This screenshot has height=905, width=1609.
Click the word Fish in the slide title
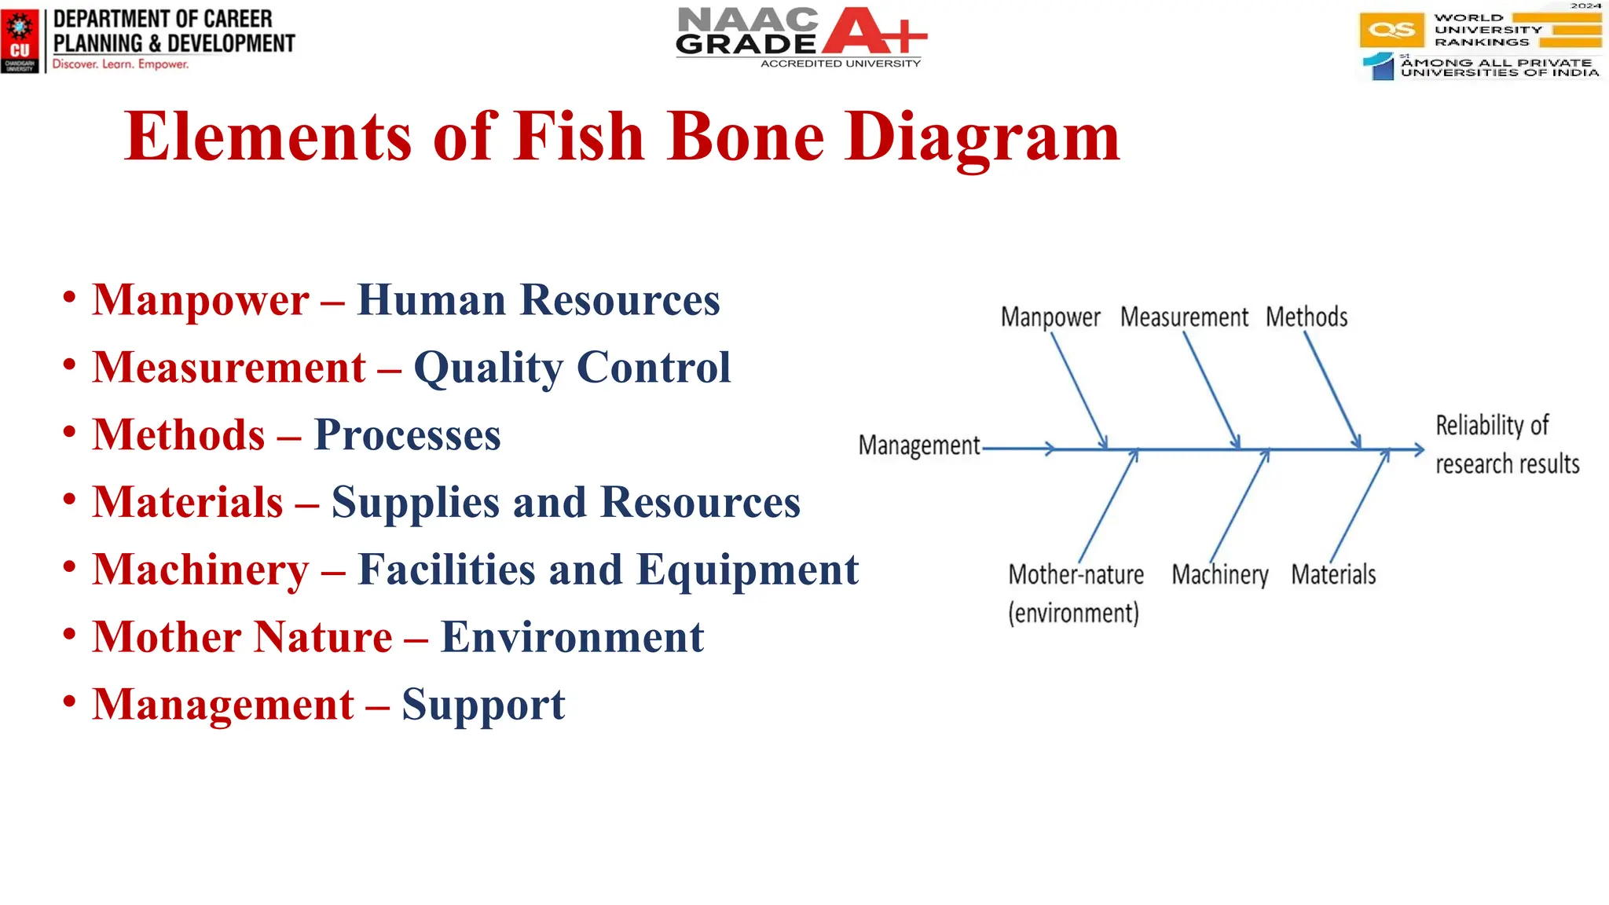[x=580, y=137]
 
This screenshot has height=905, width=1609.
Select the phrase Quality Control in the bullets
[x=572, y=368]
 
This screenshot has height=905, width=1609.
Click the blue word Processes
[x=407, y=435]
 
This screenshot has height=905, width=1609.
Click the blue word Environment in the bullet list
[x=572, y=637]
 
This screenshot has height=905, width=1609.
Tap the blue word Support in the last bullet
[x=483, y=705]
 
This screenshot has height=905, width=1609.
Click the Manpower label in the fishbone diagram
[x=1050, y=317]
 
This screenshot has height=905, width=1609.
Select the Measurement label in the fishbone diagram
[x=1184, y=317]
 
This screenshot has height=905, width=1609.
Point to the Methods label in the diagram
[x=1307, y=317]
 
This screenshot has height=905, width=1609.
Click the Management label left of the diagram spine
[x=919, y=445]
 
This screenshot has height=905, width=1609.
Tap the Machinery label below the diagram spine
[x=1220, y=575]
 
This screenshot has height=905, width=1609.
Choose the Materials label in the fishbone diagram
[x=1333, y=575]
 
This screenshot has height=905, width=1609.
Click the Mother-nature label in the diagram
[x=1076, y=575]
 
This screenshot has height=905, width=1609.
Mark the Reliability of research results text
[x=1507, y=445]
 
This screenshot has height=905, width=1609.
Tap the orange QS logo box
[x=1391, y=31]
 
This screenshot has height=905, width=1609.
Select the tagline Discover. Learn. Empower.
[x=120, y=64]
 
